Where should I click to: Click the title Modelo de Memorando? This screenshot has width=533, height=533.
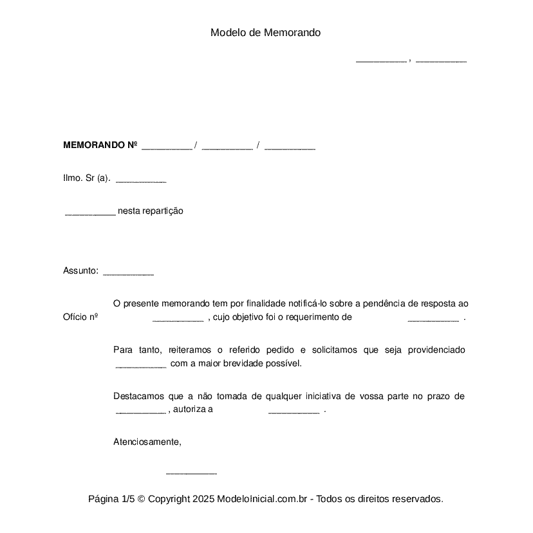point(265,33)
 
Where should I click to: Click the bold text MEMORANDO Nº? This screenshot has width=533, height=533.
point(100,145)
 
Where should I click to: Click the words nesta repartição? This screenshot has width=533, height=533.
point(151,211)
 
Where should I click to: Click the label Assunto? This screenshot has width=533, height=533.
point(80,271)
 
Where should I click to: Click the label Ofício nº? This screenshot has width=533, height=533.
point(80,317)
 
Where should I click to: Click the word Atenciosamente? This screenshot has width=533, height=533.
point(147,442)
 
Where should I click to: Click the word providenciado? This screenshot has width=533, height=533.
point(436,350)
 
